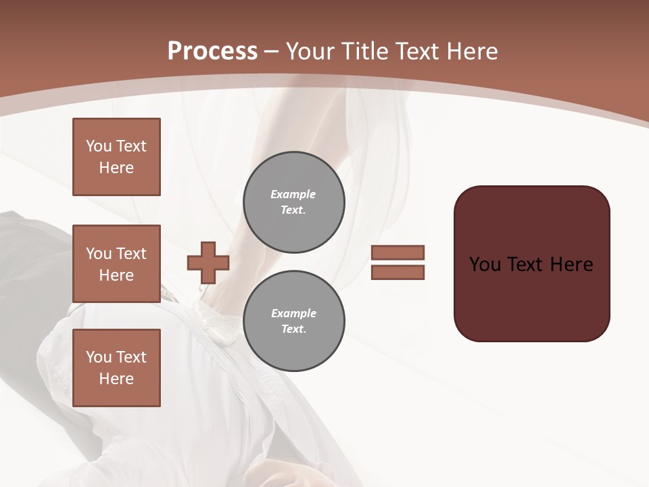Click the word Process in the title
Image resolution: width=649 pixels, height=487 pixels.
coord(212,51)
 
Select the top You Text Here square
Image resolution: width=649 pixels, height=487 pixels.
coord(116,157)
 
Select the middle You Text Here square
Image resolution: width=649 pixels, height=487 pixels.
coord(116,264)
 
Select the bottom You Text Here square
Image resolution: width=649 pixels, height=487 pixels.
coord(116,368)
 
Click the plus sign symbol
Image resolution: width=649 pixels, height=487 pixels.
coord(208,262)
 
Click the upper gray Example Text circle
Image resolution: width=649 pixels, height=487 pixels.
coord(294,202)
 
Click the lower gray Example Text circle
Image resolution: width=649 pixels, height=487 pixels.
coord(294,321)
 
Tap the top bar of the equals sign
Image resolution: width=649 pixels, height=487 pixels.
coord(398,253)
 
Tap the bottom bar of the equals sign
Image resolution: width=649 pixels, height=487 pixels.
coord(398,272)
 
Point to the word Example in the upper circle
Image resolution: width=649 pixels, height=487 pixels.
coord(293,195)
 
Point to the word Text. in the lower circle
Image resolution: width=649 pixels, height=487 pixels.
coord(293,329)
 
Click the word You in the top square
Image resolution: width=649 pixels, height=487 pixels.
coord(99,146)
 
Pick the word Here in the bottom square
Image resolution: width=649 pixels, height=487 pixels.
coord(116,379)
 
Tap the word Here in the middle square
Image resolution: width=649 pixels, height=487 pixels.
coord(116,275)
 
